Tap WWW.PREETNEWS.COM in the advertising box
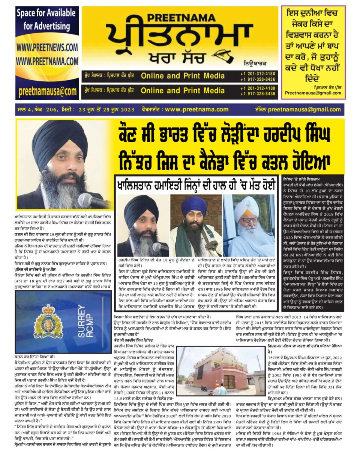coord(47,48)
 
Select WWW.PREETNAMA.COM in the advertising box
coord(47,61)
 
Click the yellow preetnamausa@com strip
coord(47,91)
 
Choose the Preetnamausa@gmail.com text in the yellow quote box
coord(313,93)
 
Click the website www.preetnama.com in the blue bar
coord(196,109)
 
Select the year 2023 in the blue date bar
coord(127,109)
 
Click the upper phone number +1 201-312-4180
coord(258,74)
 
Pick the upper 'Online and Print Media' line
coord(183,76)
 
